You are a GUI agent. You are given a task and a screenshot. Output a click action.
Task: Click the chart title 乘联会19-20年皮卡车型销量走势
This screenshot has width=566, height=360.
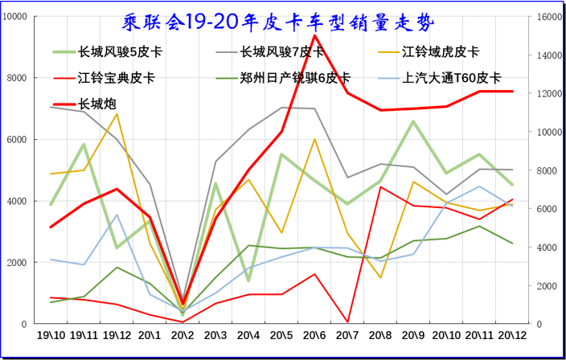(x=283, y=22)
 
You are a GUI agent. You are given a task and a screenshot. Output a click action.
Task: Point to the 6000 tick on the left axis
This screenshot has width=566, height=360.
(x=18, y=140)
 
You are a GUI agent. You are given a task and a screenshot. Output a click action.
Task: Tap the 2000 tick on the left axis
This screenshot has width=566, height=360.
(x=18, y=263)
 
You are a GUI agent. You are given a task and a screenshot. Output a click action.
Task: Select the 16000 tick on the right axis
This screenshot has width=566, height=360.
(x=550, y=17)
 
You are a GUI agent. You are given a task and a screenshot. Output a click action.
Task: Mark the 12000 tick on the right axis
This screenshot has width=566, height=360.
(x=550, y=94)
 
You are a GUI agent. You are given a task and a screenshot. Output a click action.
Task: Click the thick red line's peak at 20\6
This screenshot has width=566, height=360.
(x=314, y=35)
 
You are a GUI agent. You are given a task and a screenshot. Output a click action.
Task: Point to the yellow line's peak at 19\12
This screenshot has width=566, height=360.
(x=117, y=113)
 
